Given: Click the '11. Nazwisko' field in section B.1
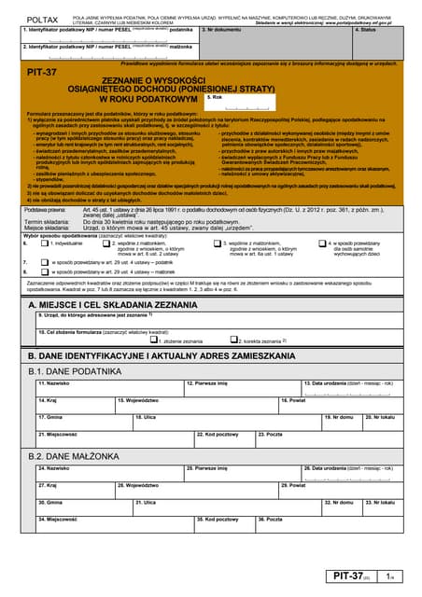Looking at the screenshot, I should coord(107,387).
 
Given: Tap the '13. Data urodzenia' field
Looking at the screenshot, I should coord(350,387).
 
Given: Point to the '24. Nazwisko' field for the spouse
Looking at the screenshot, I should coord(107,472).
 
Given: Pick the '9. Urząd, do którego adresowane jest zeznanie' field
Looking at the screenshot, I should coord(215,321).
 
